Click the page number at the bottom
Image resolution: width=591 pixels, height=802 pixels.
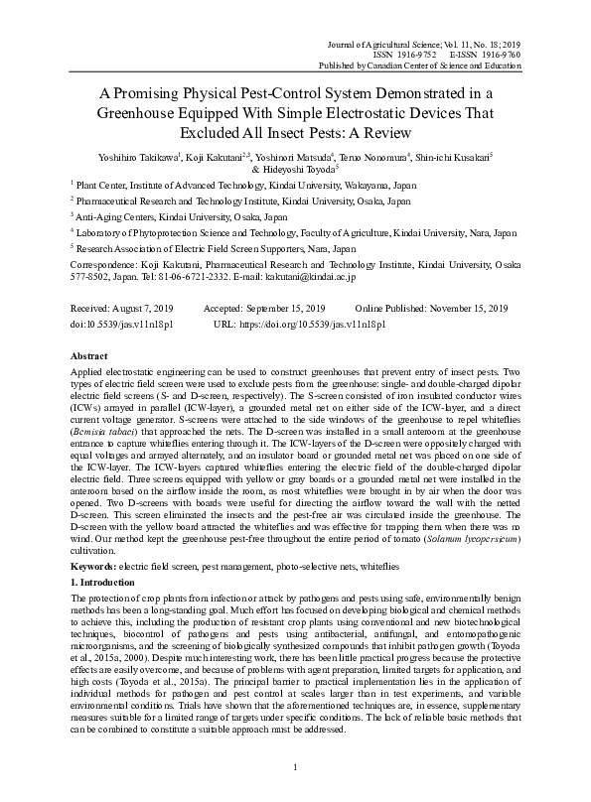pos(295,769)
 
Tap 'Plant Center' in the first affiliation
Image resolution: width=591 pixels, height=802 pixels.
pos(105,185)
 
